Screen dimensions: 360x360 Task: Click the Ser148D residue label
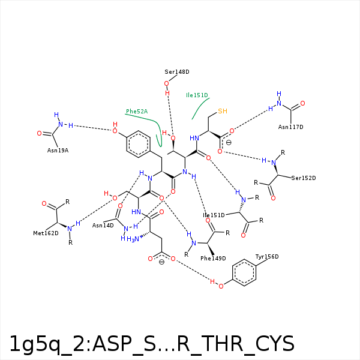tap(177, 72)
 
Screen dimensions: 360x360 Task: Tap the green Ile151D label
tap(197, 95)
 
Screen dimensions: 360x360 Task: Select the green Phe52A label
tap(137, 112)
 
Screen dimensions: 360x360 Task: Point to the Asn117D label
tap(290, 127)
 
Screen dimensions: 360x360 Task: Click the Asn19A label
tap(58, 151)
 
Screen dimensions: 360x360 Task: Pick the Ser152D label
tap(304, 178)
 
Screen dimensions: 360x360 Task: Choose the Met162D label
tap(46, 233)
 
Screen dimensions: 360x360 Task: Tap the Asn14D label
tap(103, 226)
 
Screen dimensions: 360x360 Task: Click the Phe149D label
tap(213, 258)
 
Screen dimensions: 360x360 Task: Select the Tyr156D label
tap(267, 256)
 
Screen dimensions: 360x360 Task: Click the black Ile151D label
tap(214, 215)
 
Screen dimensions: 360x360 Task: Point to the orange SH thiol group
tap(223, 111)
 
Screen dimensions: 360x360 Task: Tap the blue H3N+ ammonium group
tap(134, 239)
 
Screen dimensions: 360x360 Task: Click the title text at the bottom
tap(152, 344)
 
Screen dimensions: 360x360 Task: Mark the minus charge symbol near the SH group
tap(229, 143)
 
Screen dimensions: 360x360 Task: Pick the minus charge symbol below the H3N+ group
tap(161, 262)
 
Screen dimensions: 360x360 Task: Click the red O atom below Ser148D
tap(166, 83)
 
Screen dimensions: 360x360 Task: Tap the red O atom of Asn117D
tap(302, 104)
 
